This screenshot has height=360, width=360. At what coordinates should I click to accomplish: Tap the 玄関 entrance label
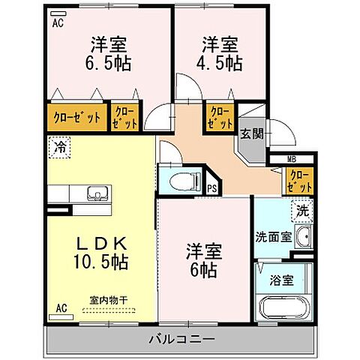coord(250,134)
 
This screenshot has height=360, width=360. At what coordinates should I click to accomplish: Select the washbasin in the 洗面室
coord(303,239)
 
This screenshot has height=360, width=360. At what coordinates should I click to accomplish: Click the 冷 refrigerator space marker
coord(57,148)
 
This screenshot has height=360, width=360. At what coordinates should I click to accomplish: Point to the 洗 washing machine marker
coord(301,211)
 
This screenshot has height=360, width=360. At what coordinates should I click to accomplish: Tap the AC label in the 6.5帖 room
coord(57,22)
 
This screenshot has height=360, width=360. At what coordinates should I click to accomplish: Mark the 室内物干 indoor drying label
coord(109,300)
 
